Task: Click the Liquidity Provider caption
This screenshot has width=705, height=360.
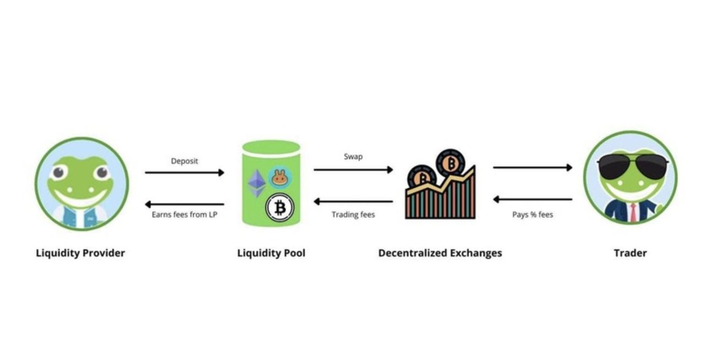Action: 80,253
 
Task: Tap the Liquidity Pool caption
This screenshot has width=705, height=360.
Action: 271,253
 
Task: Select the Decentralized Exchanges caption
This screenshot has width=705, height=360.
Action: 440,253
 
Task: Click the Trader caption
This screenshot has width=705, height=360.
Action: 630,253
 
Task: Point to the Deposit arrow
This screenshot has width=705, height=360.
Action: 185,173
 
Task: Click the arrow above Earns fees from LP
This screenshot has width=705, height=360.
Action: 185,204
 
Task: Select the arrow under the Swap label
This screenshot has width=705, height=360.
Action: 353,170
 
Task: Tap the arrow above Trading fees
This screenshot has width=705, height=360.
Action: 353,201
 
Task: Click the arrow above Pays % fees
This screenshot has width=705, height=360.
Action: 533,199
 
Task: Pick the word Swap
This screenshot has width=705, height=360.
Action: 353,157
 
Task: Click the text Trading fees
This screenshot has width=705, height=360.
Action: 353,215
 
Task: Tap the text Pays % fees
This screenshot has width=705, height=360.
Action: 533,215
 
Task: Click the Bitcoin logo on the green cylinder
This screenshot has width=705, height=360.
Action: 280,208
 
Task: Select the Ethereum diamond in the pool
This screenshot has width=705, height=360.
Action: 256,183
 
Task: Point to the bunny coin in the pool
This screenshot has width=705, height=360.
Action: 280,177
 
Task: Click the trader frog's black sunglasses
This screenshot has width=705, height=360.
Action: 630,166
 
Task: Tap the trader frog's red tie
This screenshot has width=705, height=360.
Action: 633,212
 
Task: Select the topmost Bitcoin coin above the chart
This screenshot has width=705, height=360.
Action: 451,163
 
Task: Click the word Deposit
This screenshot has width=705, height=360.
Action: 185,161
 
